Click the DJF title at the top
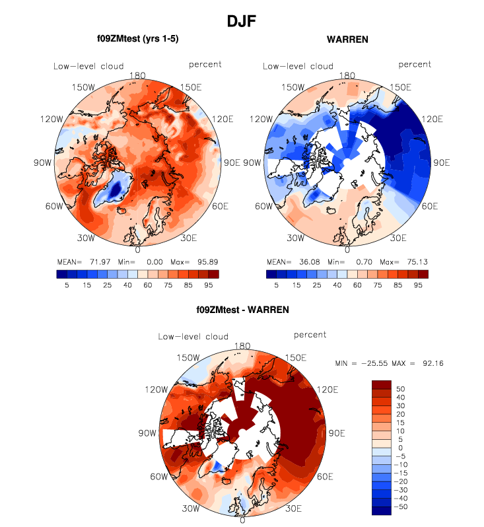241,22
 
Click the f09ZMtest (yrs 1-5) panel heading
137,39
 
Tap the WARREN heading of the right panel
347,40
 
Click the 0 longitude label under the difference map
242,520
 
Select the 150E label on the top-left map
191,87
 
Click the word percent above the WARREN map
415,65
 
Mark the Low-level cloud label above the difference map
193,337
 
